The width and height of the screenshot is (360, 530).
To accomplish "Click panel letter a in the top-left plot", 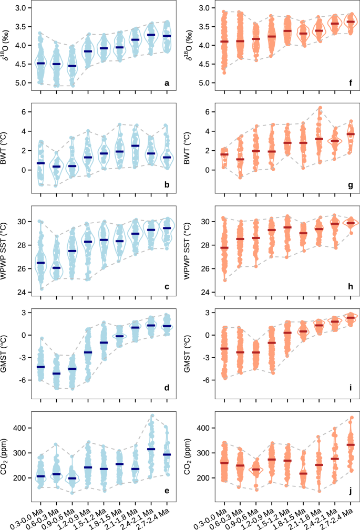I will pos(167,83).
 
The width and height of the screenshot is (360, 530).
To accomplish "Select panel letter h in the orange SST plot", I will pos(351,286).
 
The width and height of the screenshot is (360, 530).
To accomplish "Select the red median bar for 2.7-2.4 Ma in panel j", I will pos(351,445).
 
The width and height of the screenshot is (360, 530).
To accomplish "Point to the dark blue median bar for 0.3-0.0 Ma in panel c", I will pos(40,263).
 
